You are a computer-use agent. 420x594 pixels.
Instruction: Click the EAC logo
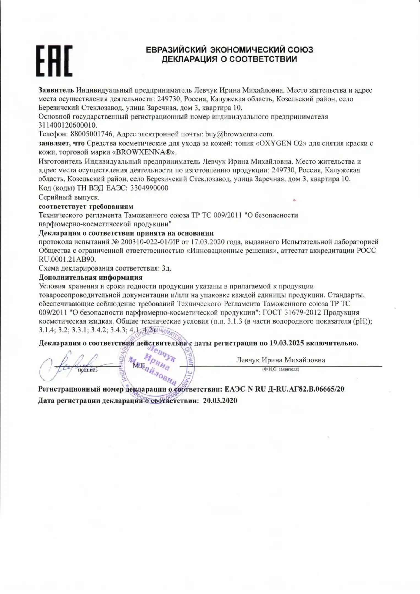[x=54, y=61]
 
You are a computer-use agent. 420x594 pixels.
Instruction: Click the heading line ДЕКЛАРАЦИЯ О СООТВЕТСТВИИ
[x=229, y=59]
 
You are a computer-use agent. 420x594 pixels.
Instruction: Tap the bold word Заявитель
[x=56, y=90]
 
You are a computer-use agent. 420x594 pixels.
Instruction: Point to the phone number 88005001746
[x=92, y=134]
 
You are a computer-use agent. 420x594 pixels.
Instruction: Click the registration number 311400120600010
[x=68, y=125]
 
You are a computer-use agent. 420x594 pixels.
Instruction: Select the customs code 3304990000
[x=149, y=188]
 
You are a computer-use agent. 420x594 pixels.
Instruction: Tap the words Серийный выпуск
[x=69, y=197]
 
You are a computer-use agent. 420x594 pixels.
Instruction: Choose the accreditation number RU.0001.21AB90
[x=67, y=259]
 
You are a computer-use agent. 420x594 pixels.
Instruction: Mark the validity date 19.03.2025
[x=287, y=343]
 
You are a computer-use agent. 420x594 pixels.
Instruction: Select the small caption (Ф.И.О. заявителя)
[x=280, y=369]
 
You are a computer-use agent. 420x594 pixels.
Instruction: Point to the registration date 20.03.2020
[x=220, y=400]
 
